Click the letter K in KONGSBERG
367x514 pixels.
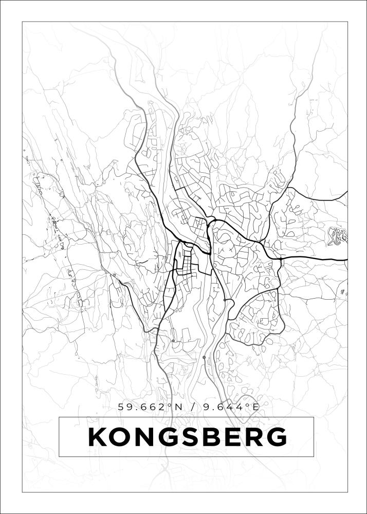[x=99, y=437]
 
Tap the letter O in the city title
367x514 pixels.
[x=123, y=437]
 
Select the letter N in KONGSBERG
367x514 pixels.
[x=148, y=437]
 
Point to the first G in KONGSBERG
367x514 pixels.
[x=172, y=437]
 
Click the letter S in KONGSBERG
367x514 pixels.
[x=194, y=437]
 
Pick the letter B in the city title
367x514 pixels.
[x=214, y=437]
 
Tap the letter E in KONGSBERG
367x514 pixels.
[x=234, y=437]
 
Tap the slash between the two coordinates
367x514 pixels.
[x=192, y=407]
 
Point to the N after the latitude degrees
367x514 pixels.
[x=178, y=407]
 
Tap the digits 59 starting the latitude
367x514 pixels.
[x=125, y=407]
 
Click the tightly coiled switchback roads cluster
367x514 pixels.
[x=338, y=236]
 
